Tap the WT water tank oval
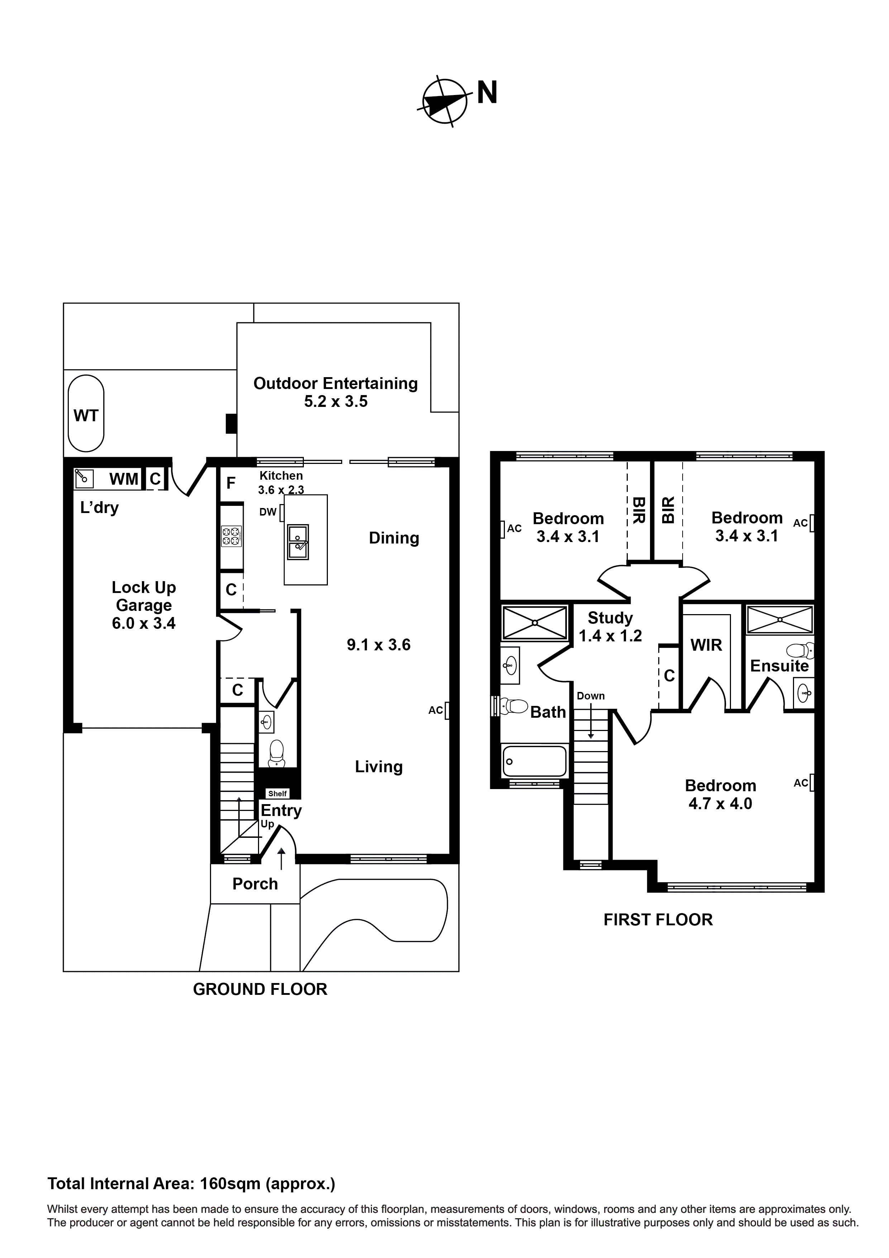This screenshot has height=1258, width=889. (x=86, y=414)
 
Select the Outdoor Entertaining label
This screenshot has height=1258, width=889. (x=335, y=384)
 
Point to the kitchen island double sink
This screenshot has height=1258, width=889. (x=298, y=542)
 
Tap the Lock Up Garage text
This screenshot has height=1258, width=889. (x=144, y=596)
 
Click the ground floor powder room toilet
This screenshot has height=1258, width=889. (x=277, y=753)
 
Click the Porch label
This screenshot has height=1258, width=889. (x=255, y=884)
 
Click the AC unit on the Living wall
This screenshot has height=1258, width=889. (x=447, y=711)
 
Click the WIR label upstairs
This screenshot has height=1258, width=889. (x=706, y=645)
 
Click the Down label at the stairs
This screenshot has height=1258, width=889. (x=591, y=696)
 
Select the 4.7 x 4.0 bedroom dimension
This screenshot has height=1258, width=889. (x=720, y=804)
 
